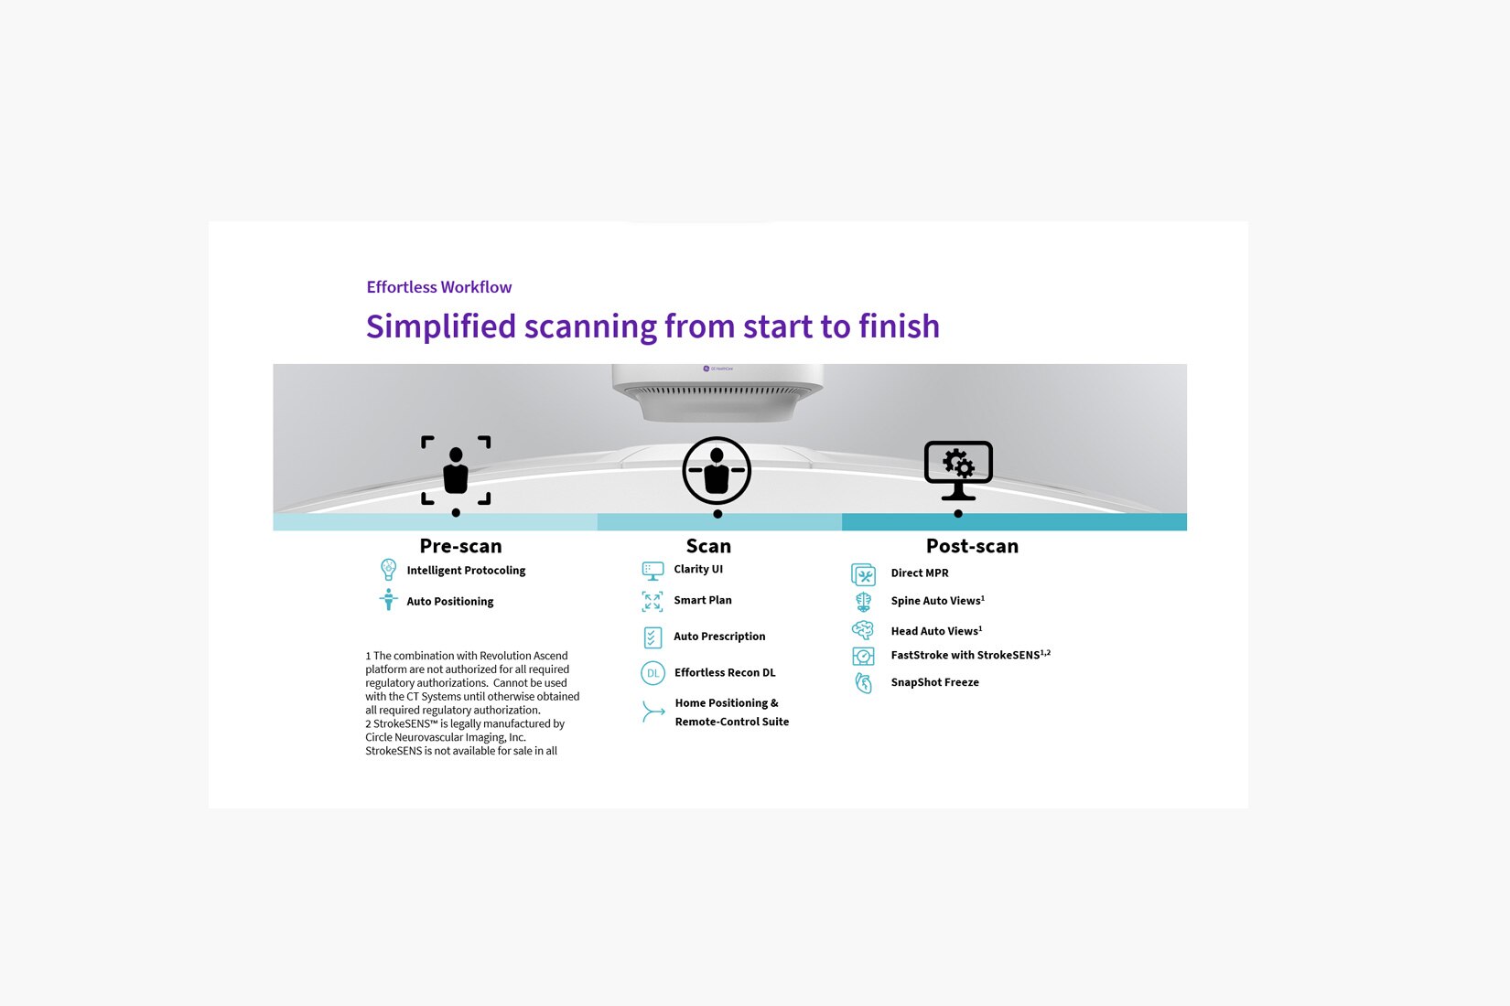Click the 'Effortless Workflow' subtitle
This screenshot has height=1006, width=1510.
point(439,287)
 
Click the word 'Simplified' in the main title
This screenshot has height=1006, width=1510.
point(441,326)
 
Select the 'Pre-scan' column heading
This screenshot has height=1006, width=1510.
point(460,546)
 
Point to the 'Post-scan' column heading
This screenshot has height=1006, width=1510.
point(972,546)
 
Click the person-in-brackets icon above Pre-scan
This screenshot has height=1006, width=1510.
point(456,470)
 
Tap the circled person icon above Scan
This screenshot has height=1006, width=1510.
point(717,470)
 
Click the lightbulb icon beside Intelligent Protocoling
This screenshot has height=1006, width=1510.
point(388,570)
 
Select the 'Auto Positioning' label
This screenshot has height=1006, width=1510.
point(449,601)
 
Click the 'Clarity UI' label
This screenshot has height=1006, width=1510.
point(698,569)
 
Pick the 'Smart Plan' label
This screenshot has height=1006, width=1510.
point(703,600)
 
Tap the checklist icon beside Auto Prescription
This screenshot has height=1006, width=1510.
point(653,637)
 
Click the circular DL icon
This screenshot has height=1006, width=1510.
point(653,672)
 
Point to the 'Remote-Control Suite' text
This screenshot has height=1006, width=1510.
point(731,722)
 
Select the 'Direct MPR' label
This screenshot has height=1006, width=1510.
point(920,573)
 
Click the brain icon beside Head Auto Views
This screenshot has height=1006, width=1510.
point(863,630)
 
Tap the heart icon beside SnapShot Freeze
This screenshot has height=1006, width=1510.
point(863,682)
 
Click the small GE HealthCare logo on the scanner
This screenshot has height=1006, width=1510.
point(717,369)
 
